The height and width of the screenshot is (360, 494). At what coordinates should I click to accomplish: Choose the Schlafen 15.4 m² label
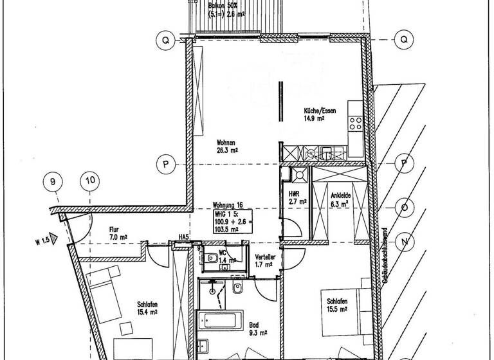click(x=147, y=308)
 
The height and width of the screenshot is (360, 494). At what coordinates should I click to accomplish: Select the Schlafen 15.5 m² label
click(x=337, y=305)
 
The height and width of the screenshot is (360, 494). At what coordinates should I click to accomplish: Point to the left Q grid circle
click(x=165, y=40)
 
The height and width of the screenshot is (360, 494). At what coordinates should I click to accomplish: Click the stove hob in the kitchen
click(x=355, y=120)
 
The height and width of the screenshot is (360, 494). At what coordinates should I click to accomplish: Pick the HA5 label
click(x=183, y=238)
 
